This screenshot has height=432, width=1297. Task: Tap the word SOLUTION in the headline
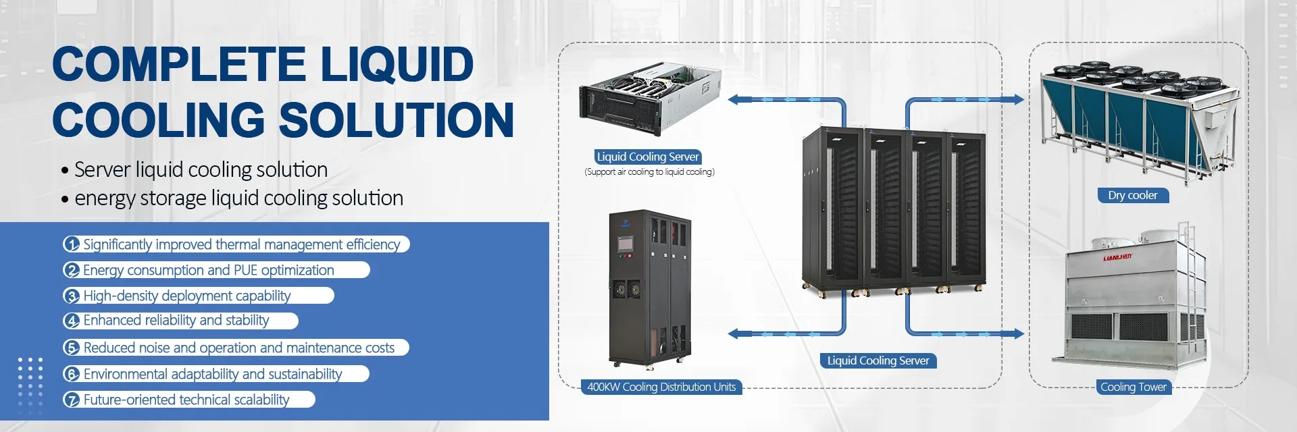click(396, 120)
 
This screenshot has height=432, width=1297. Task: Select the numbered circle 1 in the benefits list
click(72, 244)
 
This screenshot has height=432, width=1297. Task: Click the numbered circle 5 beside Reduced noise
click(72, 348)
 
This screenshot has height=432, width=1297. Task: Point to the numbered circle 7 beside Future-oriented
click(72, 400)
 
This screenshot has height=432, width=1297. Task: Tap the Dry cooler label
click(1132, 196)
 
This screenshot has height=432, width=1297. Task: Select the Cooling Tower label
click(1133, 387)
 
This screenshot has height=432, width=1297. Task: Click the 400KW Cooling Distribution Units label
click(661, 387)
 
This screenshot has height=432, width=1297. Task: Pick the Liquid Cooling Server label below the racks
click(878, 360)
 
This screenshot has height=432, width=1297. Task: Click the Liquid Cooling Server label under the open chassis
click(647, 157)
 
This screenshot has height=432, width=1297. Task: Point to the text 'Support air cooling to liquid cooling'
click(649, 172)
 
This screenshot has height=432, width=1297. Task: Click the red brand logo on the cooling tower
click(1117, 257)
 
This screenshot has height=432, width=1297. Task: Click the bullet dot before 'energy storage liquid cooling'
click(65, 200)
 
